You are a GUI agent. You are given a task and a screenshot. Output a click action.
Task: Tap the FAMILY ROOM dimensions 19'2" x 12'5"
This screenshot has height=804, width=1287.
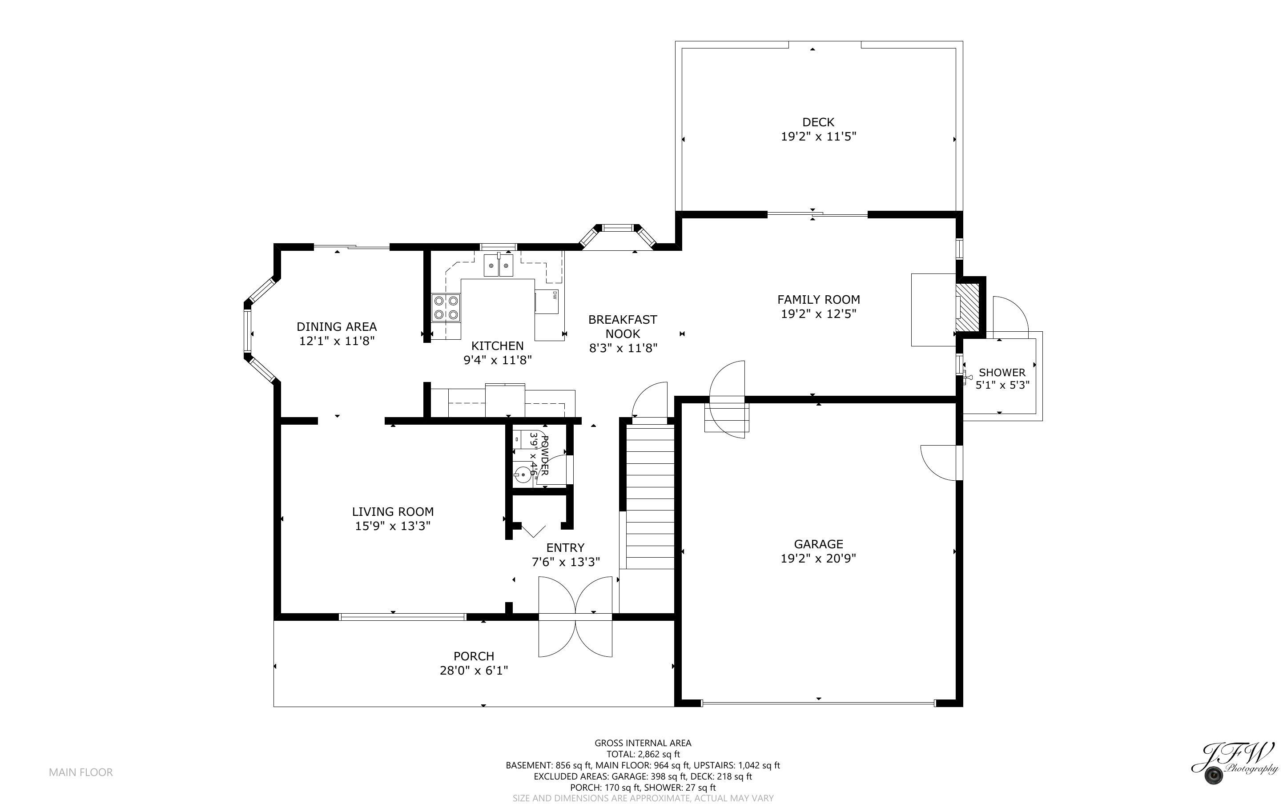pos(818,314)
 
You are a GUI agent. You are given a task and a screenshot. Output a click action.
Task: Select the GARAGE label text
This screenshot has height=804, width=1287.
pos(818,544)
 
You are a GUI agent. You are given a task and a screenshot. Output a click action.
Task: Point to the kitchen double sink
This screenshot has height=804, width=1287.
pos(498,265)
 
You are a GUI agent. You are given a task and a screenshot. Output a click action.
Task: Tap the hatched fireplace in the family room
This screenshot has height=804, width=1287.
pos(967,307)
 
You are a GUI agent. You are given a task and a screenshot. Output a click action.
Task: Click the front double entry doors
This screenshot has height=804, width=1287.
pos(575,617)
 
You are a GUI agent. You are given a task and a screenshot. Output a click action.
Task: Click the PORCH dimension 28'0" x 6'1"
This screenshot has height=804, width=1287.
pos(474,671)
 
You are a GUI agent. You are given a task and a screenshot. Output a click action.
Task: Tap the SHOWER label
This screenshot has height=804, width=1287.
pos(1001,373)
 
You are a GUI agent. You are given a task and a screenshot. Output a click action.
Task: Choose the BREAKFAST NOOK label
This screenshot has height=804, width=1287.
pos(623,326)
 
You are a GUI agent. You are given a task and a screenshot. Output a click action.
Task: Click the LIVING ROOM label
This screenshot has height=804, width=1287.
pos(392,511)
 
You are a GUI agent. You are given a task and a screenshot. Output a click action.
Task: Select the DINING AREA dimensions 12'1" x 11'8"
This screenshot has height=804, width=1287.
pos(337,341)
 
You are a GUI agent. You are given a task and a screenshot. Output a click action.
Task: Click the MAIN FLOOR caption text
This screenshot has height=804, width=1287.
pos(81,772)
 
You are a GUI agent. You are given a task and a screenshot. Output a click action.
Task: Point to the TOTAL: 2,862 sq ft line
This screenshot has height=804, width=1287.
pos(643,754)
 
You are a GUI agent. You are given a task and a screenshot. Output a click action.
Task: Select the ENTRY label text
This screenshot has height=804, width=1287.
pos(565,548)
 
